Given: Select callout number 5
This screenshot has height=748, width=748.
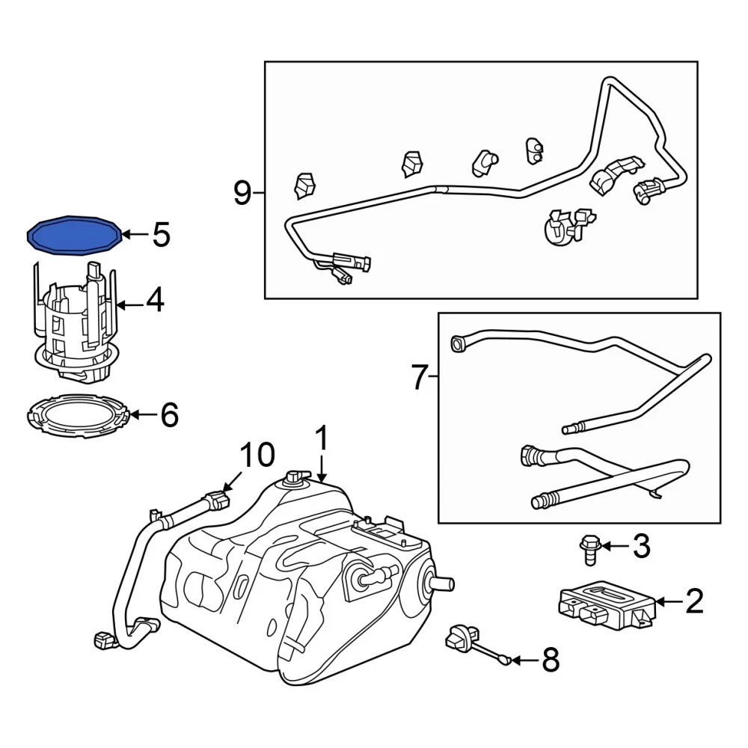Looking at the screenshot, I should (x=161, y=235).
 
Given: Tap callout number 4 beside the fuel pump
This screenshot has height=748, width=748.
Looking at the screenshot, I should (x=154, y=301).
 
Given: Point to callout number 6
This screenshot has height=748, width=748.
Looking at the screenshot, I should (x=169, y=414).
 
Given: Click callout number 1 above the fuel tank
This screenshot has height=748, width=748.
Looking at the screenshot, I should (x=322, y=439).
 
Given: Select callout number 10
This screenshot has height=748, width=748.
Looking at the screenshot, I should (x=257, y=454).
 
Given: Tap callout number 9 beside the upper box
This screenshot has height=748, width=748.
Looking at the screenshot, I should (x=242, y=193).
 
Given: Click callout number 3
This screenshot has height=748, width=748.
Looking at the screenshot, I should (x=642, y=547).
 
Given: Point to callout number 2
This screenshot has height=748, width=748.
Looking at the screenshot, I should (x=694, y=601).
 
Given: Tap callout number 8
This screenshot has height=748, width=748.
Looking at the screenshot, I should (x=550, y=660).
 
